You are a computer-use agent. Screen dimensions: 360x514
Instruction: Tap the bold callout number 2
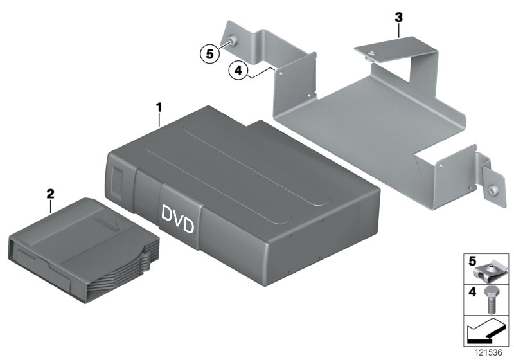(x=51, y=191)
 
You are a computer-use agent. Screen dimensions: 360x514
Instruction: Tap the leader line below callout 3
(x=398, y=29)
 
